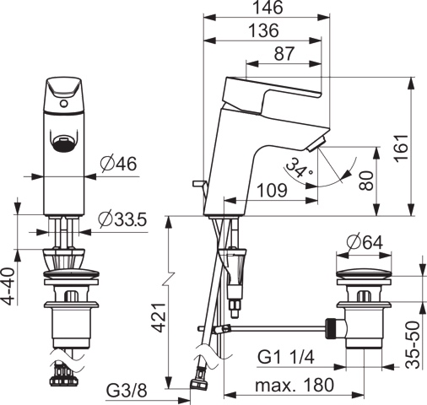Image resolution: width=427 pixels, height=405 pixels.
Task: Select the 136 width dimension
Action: click(x=264, y=30)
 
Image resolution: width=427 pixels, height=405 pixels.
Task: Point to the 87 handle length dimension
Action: click(x=284, y=53)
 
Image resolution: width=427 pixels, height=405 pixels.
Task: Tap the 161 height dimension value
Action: click(x=401, y=148)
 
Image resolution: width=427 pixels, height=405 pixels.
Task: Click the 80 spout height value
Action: click(x=366, y=181)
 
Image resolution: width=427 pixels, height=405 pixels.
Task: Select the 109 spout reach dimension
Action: click(x=273, y=191)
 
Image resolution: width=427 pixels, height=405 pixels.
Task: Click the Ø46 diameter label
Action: click(x=119, y=164)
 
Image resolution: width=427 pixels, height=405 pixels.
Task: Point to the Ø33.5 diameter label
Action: click(x=122, y=219)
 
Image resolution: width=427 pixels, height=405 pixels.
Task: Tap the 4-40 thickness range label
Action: click(x=10, y=287)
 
